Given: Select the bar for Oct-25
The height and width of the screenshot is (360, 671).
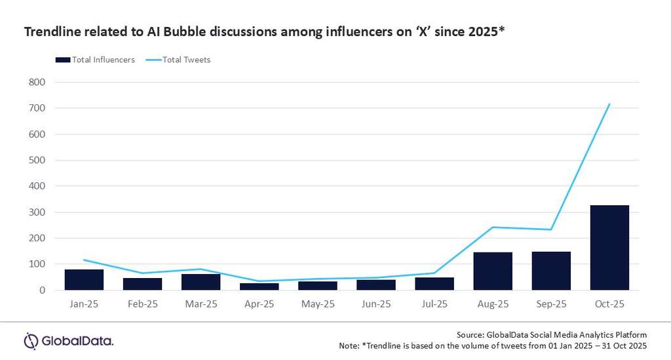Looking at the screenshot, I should [x=609, y=248].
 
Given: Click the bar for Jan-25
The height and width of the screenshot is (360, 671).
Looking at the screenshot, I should [x=84, y=279].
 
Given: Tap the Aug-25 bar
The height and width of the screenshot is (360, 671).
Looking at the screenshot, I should [x=493, y=271].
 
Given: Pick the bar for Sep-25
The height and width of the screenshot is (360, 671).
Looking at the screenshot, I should [x=551, y=271].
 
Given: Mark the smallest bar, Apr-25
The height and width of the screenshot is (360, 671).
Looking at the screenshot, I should [x=259, y=286].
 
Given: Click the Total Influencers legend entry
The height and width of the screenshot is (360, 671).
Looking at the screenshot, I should [x=95, y=60].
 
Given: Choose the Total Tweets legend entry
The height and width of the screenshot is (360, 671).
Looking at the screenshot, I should [x=180, y=60].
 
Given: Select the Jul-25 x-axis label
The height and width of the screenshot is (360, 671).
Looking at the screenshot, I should [x=434, y=305].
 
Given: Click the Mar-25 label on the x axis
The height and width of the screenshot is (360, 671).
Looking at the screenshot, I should [x=201, y=305].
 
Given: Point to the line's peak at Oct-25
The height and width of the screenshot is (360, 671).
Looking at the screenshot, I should [x=609, y=104].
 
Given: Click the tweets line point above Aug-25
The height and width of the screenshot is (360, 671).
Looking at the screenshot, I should [x=493, y=227].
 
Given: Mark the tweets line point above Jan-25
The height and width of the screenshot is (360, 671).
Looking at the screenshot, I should [x=84, y=260].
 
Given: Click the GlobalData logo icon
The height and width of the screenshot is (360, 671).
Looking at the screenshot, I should [x=31, y=341].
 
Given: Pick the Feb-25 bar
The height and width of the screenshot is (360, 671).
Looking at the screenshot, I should [x=142, y=284].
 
